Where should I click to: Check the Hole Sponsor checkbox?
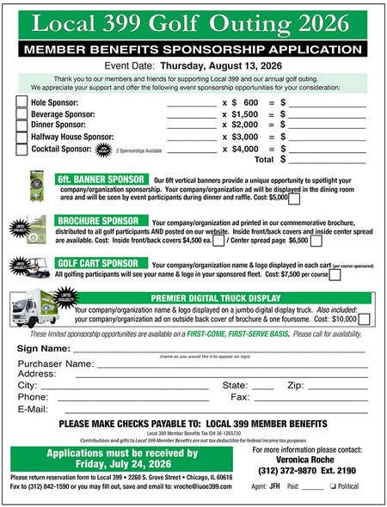pyautogui.click(x=21, y=102)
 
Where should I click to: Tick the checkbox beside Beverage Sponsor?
pyautogui.click(x=21, y=113)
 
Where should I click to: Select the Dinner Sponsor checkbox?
pyautogui.click(x=21, y=125)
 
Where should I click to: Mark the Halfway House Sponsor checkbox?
pyautogui.click(x=21, y=137)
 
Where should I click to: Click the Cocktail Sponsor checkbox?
pyautogui.click(x=21, y=149)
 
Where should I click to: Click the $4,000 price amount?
pyautogui.click(x=244, y=148)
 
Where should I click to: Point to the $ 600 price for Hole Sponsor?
pyautogui.click(x=244, y=102)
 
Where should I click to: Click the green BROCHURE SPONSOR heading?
pyautogui.click(x=100, y=221)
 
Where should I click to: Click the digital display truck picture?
pyautogui.click(x=40, y=310)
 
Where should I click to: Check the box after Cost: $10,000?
pyautogui.click(x=363, y=319)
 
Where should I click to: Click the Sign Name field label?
pyautogui.click(x=43, y=349)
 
